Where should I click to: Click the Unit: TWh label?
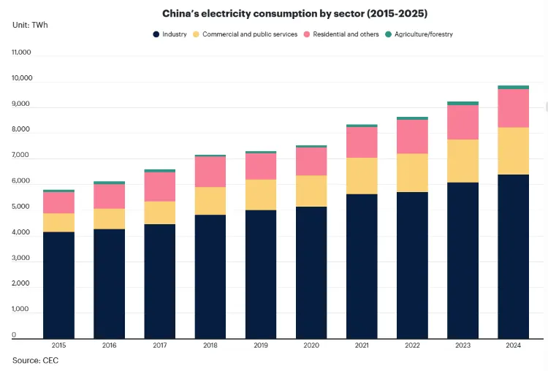pyautogui.click(x=30, y=25)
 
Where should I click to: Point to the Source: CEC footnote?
pyautogui.click(x=35, y=360)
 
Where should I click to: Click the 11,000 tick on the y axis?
pyautogui.click(x=22, y=53)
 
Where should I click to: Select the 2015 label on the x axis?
pyautogui.click(x=58, y=345)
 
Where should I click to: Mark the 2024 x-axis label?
pyautogui.click(x=513, y=345)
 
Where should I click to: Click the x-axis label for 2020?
pyautogui.click(x=311, y=345)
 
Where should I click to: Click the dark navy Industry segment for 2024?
pyautogui.click(x=513, y=256)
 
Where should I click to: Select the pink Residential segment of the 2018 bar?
pyautogui.click(x=210, y=172)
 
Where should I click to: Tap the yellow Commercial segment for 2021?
pyautogui.click(x=362, y=175)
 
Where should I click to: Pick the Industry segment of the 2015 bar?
pyautogui.click(x=58, y=285)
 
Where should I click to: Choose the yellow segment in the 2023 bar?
pyautogui.click(x=463, y=161)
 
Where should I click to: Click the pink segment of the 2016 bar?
pyautogui.click(x=109, y=196)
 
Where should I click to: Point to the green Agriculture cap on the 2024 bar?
pyautogui.click(x=513, y=87)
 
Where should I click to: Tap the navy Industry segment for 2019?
pyautogui.click(x=261, y=274)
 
